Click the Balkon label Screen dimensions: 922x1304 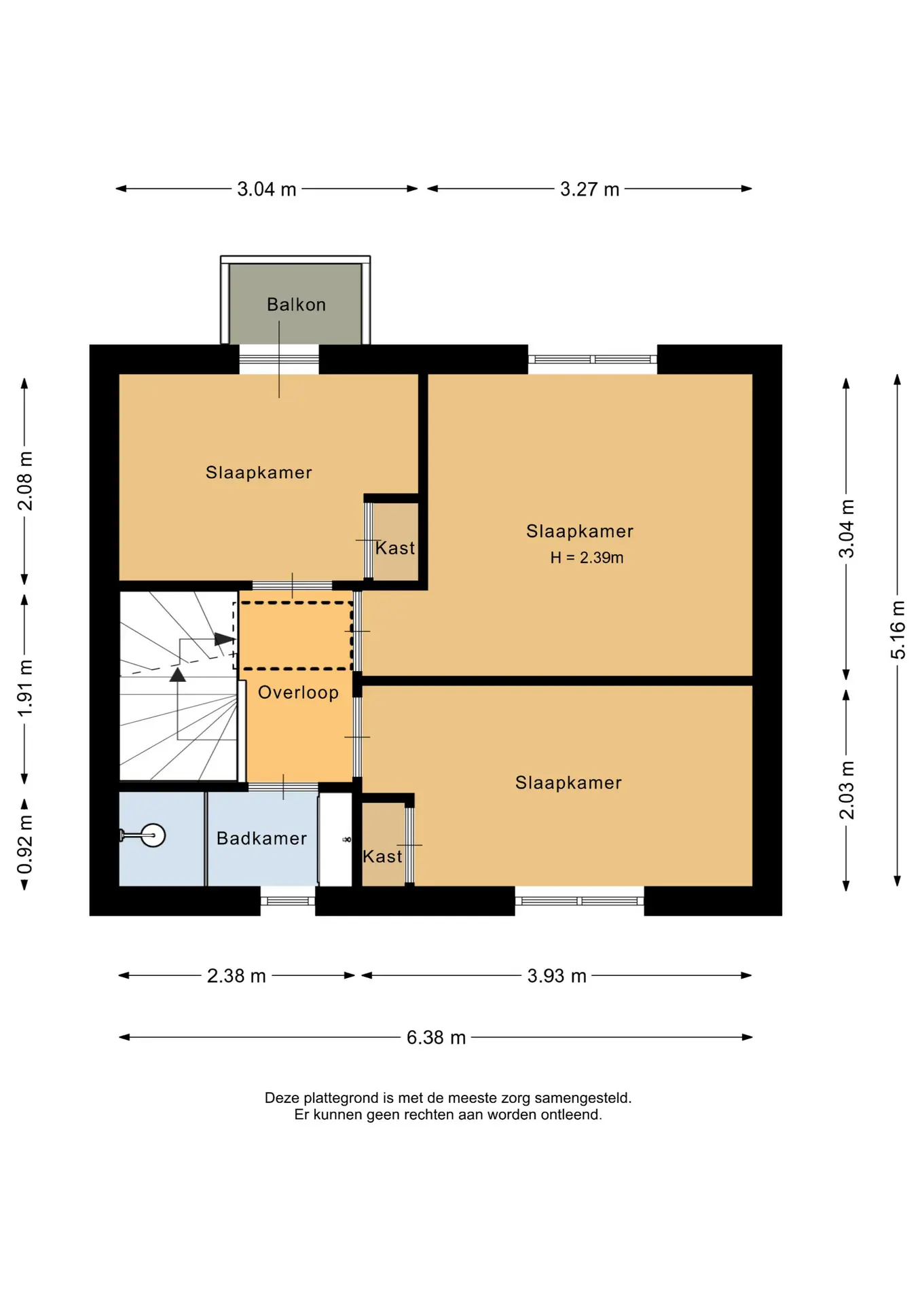pyautogui.click(x=296, y=304)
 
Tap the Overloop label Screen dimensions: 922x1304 pyautogui.click(x=298, y=692)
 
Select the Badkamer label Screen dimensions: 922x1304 pyautogui.click(x=261, y=838)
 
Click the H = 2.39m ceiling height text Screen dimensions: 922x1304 pyautogui.click(x=587, y=558)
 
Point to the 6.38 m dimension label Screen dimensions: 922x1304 pyautogui.click(x=436, y=1037)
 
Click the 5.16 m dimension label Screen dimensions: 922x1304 pyautogui.click(x=898, y=630)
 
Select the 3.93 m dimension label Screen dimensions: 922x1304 pyautogui.click(x=557, y=975)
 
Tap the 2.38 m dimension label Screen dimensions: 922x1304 pyautogui.click(x=236, y=975)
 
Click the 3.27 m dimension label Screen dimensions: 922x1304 pyautogui.click(x=589, y=189)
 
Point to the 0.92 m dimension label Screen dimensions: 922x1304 pyautogui.click(x=25, y=845)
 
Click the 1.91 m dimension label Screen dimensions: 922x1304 pyautogui.click(x=25, y=687)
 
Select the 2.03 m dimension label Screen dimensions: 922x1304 pyautogui.click(x=847, y=790)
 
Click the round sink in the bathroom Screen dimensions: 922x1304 pyautogui.click(x=153, y=835)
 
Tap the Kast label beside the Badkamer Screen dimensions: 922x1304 pyautogui.click(x=382, y=856)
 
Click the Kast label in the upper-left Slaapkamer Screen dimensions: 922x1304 pyautogui.click(x=395, y=548)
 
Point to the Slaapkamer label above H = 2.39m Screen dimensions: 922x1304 pyautogui.click(x=580, y=531)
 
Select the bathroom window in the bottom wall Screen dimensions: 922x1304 pyautogui.click(x=288, y=901)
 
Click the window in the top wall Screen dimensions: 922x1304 pyautogui.click(x=593, y=359)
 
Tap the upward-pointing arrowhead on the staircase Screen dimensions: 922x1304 pyautogui.click(x=178, y=674)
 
